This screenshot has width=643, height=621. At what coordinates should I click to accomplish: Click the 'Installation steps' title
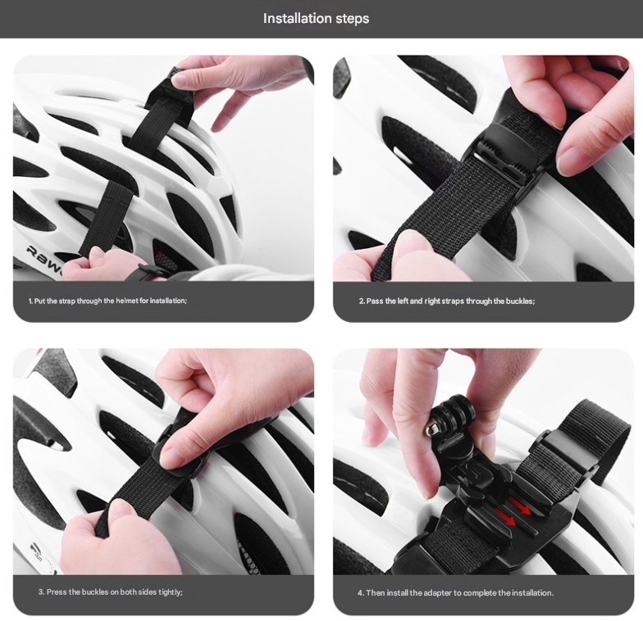point(316,18)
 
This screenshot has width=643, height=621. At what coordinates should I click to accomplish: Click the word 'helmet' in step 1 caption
point(124,301)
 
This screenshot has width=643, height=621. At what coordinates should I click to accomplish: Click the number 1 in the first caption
point(30,301)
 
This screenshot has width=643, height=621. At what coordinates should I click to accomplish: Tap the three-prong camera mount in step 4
point(453,412)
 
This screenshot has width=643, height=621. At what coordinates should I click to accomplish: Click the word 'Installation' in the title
point(292,18)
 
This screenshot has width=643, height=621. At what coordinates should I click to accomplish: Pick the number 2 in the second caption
point(361,301)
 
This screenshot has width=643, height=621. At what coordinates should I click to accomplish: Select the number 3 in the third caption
point(40,592)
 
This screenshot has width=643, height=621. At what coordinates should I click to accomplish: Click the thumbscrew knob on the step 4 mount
point(431,428)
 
